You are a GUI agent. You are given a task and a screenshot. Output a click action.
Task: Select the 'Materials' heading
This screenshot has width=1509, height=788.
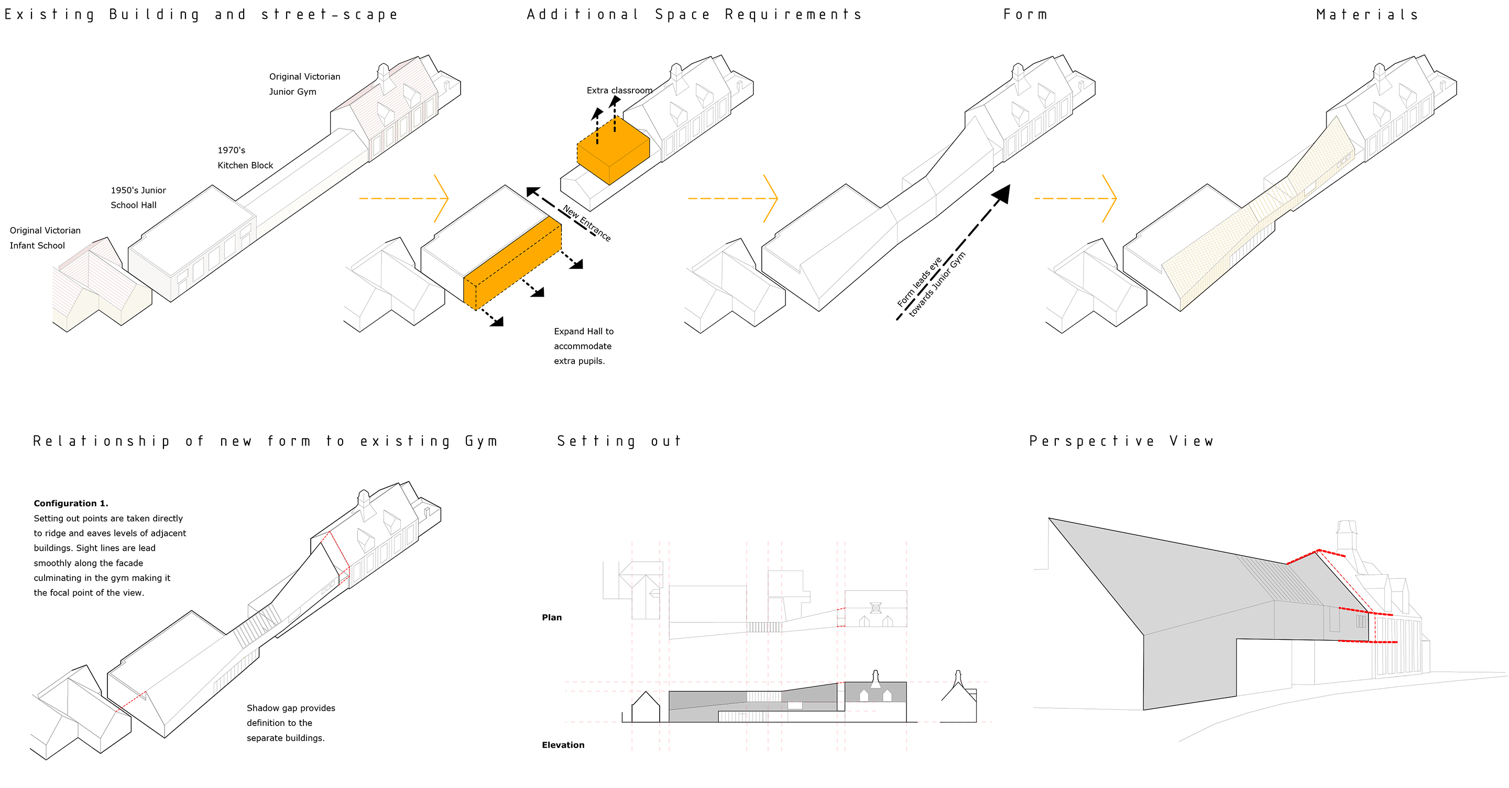[x=1366, y=14]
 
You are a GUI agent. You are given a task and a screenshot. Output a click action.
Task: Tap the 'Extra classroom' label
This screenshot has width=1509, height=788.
[x=619, y=90]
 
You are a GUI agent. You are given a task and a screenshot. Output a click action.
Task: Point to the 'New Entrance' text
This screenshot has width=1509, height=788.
[x=586, y=223]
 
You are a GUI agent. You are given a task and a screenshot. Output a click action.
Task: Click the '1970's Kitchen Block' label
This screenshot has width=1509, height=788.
[x=245, y=158]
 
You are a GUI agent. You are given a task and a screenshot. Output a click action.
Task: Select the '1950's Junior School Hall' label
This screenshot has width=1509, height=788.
[x=138, y=198]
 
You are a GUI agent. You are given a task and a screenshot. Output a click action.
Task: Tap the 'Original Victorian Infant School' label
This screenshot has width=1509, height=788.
[x=45, y=238]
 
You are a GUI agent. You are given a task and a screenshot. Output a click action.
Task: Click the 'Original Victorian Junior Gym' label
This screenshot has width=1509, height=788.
[x=304, y=84]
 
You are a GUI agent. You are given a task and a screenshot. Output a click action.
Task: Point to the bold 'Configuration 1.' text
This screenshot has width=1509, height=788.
[x=71, y=504]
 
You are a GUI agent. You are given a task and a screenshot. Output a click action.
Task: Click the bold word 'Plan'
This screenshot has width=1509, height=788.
[x=552, y=618]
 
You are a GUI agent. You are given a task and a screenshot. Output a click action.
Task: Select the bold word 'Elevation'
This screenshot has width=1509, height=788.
[x=563, y=745]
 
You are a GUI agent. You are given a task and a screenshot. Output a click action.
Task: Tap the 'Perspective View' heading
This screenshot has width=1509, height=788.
[x=1121, y=441]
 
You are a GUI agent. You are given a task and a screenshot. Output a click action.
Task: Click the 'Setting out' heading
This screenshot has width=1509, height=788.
[x=619, y=441]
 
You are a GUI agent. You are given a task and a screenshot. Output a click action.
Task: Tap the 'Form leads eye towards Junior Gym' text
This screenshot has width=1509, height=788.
[x=932, y=286]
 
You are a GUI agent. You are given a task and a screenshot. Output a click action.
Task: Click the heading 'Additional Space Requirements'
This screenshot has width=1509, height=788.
[x=694, y=14]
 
